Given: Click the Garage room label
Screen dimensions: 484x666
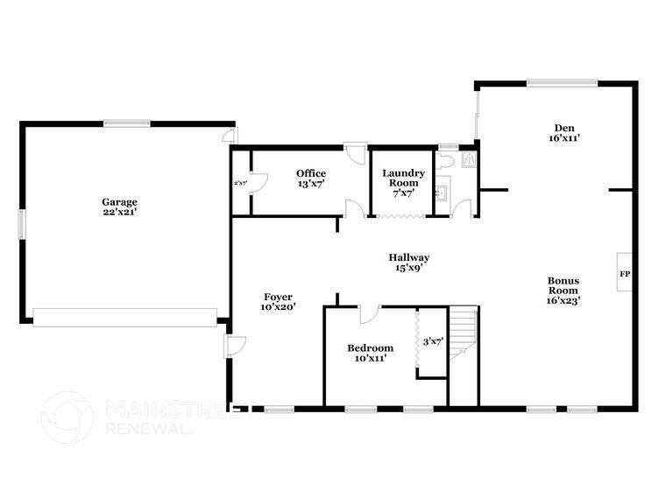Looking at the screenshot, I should coord(119,200).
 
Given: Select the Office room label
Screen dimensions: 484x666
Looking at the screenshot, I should coord(311,173).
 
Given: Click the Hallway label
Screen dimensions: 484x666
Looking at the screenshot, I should coord(409,257).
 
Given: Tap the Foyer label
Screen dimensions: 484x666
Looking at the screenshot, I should coord(277,297).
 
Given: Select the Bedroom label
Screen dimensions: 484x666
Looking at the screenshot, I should coord(369,348).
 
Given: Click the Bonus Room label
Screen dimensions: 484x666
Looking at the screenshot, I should coord(564,285).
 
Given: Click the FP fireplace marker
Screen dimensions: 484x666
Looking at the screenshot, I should coord(625,274).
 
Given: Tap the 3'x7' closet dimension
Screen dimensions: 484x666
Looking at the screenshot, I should coord(433,341).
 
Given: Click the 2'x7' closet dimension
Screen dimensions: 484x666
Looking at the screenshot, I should coord(239,183).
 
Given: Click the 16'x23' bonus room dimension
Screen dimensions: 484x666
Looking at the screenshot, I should coord(564,300).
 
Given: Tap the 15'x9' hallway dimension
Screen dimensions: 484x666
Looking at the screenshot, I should coord(409,268).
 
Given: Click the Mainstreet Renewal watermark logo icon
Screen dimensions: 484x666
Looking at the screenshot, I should coord(67,417).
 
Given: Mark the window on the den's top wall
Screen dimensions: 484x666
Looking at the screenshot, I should coord(562,83).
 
